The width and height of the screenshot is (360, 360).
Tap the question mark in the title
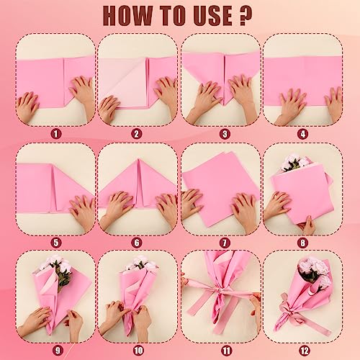tap(246, 16)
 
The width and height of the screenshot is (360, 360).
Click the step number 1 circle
tap(56, 134)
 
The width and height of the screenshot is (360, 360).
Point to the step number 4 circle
tap(303, 134)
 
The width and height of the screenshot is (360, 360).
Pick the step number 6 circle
tap(137, 243)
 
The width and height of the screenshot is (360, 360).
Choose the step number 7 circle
tap(225, 243)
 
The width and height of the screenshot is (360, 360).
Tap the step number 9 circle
tap(58, 351)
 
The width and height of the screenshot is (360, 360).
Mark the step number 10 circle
tap(138, 351)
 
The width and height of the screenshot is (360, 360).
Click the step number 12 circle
tap(305, 351)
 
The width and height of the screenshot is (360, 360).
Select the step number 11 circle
tap(226, 351)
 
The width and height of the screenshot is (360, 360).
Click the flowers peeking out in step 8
tap(294, 163)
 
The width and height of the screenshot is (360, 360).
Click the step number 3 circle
tap(225, 134)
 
